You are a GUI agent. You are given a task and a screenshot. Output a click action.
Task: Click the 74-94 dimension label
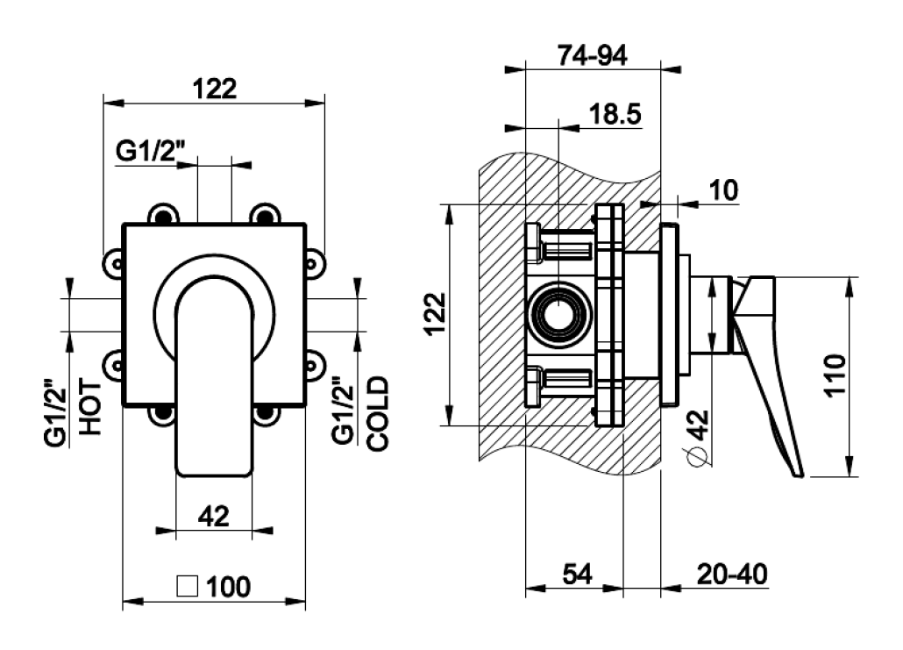(592, 56)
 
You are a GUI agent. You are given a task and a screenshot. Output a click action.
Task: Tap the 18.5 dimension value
(615, 114)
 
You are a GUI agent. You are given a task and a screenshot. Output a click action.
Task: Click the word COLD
(378, 413)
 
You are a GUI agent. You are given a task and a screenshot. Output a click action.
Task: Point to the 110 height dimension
(835, 375)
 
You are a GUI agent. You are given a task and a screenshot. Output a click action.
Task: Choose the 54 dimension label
(578, 574)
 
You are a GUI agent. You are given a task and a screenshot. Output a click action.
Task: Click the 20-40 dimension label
(732, 574)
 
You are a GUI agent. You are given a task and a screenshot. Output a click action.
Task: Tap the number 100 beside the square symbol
(228, 587)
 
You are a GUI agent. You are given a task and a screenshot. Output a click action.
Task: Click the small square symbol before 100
(188, 587)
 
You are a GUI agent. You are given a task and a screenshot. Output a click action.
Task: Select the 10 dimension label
(723, 190)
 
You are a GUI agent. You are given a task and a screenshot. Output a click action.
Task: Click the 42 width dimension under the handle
(214, 516)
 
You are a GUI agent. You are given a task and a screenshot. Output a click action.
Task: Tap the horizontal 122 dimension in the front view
(214, 89)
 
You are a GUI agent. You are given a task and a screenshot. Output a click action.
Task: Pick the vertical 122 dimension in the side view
(436, 314)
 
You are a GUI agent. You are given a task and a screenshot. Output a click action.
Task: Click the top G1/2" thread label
(151, 152)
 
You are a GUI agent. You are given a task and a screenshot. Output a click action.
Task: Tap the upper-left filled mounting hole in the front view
(163, 217)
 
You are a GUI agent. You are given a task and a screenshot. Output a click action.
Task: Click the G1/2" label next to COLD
(344, 411)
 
